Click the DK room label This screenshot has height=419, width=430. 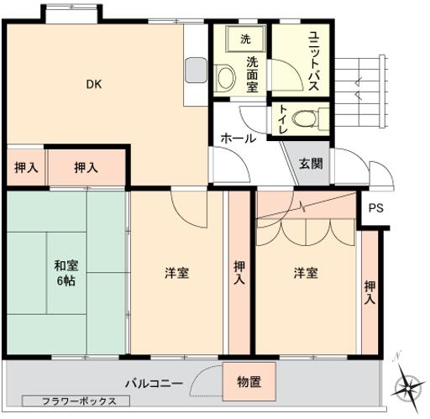(92, 83)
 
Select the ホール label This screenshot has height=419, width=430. (238, 139)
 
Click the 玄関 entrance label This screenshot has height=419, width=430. (310, 163)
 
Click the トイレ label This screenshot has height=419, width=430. (281, 118)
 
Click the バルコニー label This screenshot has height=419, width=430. (154, 383)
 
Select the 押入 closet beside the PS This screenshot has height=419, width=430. (370, 292)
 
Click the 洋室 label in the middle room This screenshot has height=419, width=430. (176, 274)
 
